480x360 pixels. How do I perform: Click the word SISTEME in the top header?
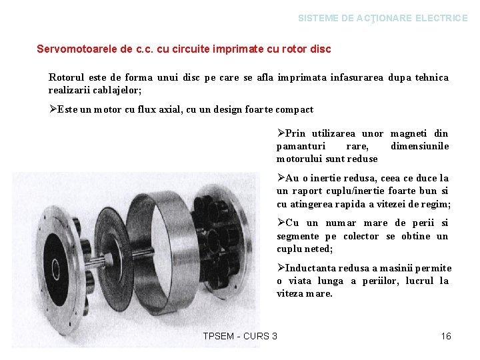317,19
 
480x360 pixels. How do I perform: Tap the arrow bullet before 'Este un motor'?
53,109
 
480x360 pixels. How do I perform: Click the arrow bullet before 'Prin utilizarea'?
281,133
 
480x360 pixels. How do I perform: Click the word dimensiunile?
419,146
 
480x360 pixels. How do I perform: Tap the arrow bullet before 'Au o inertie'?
281,178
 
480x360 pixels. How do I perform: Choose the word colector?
361,236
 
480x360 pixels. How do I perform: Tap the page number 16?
446,336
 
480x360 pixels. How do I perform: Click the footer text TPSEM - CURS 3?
240,336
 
